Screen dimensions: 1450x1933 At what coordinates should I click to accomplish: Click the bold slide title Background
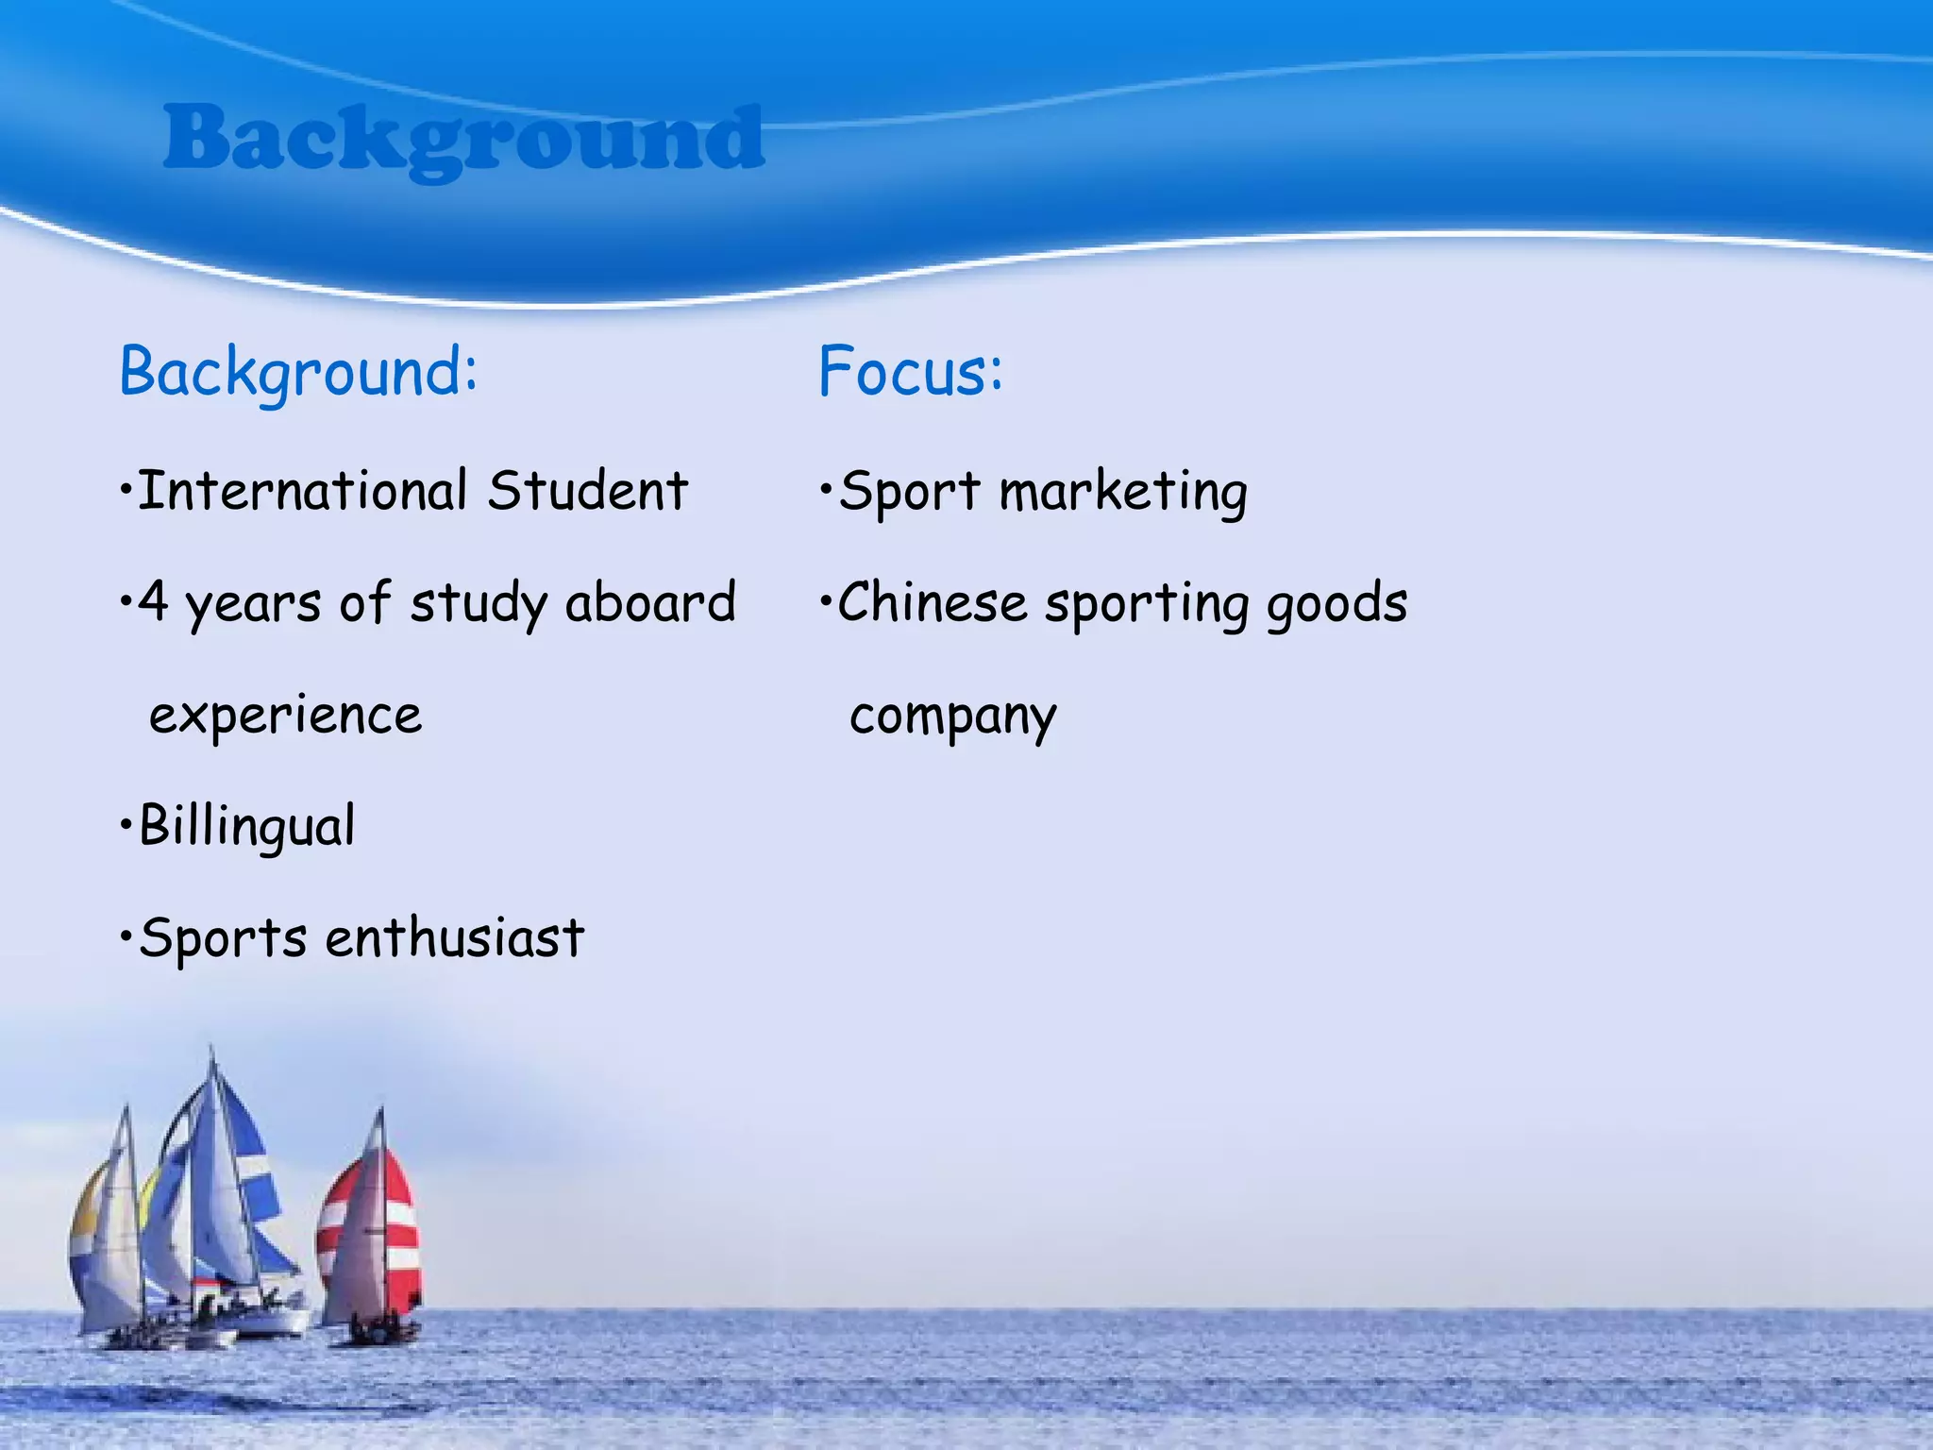pyautogui.click(x=462, y=140)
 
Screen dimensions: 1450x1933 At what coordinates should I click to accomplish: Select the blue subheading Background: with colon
pyautogui.click(x=298, y=372)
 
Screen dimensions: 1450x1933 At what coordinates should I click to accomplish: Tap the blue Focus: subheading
pyautogui.click(x=910, y=371)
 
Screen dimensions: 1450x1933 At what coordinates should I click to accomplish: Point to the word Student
pyautogui.click(x=588, y=490)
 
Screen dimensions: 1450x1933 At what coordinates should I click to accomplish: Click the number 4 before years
pyautogui.click(x=153, y=602)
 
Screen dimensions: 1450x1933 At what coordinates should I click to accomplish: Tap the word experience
pyautogui.click(x=285, y=716)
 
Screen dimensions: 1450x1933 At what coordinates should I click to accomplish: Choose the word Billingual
pyautogui.click(x=246, y=826)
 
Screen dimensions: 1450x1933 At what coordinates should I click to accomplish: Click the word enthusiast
pyautogui.click(x=455, y=937)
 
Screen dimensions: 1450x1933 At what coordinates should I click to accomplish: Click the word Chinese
pyautogui.click(x=932, y=602)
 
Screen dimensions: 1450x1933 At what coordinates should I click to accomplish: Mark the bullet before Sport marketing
pyautogui.click(x=825, y=490)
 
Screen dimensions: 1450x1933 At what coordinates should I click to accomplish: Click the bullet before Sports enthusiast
pyautogui.click(x=126, y=937)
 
